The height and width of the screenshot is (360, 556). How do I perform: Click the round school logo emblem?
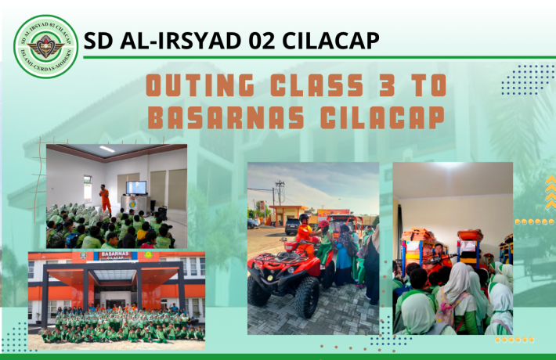46,46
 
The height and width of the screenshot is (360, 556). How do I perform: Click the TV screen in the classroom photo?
135,188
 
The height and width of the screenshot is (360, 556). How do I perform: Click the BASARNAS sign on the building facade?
116,256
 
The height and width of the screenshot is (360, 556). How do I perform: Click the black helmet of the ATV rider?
304,218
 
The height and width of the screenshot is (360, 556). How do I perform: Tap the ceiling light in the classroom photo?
107,149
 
